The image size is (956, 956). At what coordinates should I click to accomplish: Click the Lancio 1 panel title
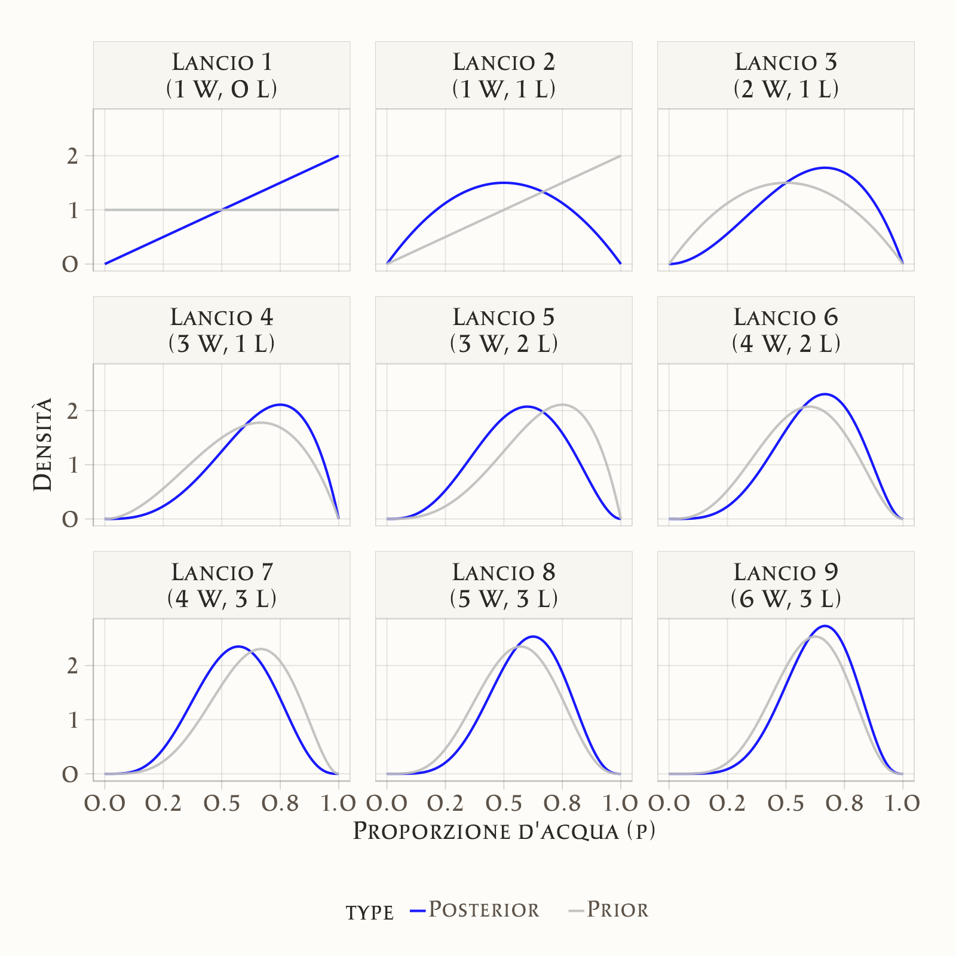[x=222, y=75]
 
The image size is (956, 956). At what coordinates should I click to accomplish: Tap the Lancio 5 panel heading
[x=504, y=330]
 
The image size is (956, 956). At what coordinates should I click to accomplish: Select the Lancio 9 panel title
[x=786, y=585]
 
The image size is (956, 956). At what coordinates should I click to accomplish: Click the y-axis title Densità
[x=43, y=445]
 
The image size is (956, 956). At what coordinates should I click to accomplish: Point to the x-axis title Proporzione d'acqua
[x=504, y=831]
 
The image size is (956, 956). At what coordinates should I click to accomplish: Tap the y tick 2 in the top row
[x=73, y=157]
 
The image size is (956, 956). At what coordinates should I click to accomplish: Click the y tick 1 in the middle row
[x=73, y=465]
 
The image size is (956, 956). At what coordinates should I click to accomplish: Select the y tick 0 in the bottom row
[x=71, y=774]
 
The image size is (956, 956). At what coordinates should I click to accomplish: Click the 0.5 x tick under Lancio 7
[x=222, y=803]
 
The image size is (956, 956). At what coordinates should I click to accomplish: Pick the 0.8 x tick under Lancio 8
[x=562, y=803]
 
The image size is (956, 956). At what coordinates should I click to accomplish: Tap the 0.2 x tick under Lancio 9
[x=727, y=803]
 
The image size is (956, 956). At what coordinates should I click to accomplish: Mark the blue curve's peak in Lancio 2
[x=504, y=183]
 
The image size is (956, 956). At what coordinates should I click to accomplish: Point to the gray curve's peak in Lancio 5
[x=562, y=405]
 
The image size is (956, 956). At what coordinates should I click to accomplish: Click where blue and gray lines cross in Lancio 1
[x=222, y=210]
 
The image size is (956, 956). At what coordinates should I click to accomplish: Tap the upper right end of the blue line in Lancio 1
[x=338, y=156]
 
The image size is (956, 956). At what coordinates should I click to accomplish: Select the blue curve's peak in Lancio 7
[x=238, y=646]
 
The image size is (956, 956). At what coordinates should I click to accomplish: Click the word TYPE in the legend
[x=369, y=912]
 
